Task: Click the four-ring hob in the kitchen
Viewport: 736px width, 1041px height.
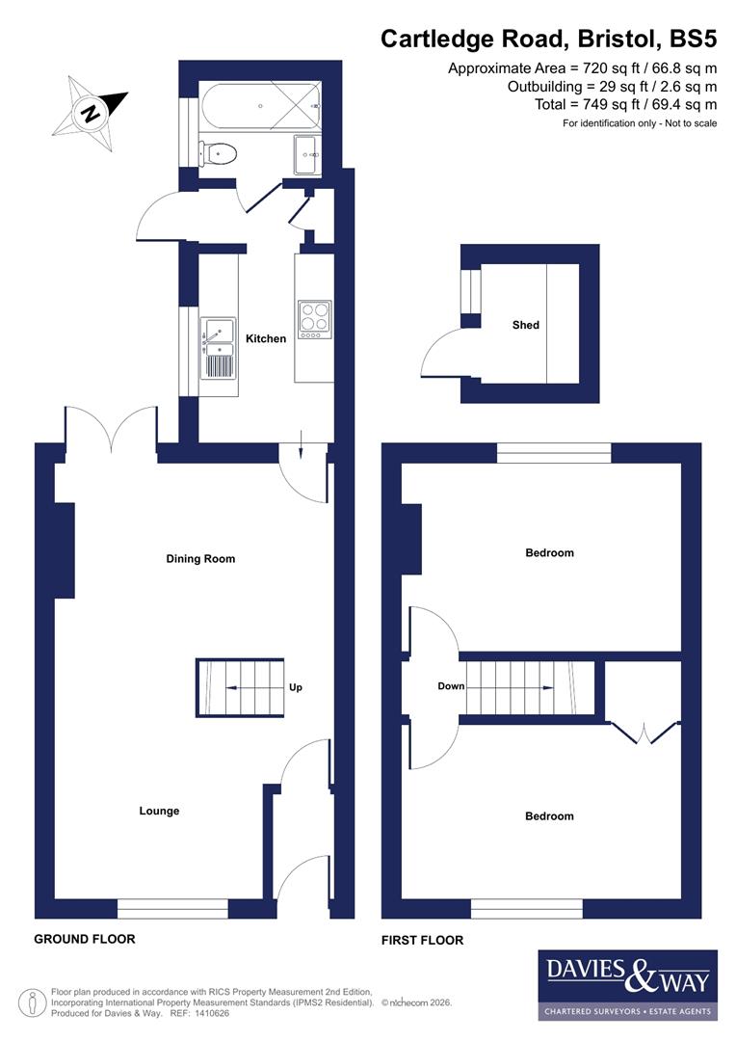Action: click(314, 321)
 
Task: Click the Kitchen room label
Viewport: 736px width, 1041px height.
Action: click(266, 338)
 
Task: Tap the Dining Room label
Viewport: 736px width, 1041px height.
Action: click(200, 559)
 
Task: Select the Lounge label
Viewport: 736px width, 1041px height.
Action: click(159, 811)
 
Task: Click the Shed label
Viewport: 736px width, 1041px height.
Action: click(525, 325)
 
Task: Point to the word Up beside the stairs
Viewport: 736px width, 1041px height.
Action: click(296, 687)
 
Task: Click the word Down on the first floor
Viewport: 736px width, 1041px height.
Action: click(451, 686)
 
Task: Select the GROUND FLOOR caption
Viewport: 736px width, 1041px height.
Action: click(85, 939)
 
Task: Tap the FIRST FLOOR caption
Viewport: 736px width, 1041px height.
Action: click(423, 940)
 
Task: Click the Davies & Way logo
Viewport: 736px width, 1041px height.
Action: click(627, 984)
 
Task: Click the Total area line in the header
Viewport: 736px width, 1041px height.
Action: click(626, 104)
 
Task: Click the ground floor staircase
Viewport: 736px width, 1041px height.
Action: click(241, 687)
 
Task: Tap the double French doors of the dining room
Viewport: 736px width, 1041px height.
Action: click(112, 430)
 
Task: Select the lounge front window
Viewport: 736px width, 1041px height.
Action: click(173, 908)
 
